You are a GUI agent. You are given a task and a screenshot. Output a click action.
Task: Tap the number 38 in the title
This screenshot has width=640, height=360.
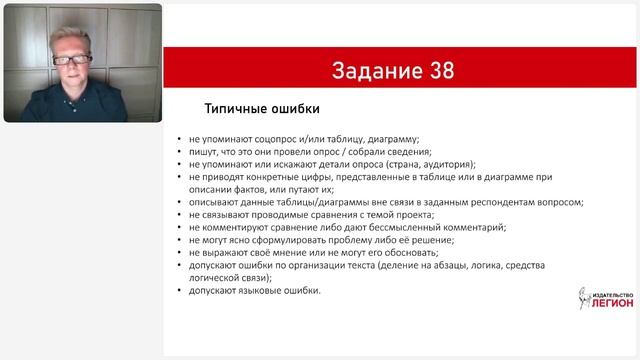[x=438, y=70]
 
